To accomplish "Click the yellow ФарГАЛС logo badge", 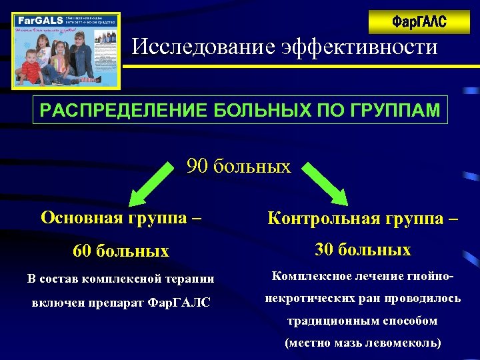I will (x=419, y=22).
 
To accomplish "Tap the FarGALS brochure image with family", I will (x=66, y=51).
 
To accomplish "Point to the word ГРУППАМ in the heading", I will (x=399, y=110).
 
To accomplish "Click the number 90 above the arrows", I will (x=197, y=165).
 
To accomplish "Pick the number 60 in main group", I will (x=82, y=251).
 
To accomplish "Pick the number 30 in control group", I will (x=324, y=250).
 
